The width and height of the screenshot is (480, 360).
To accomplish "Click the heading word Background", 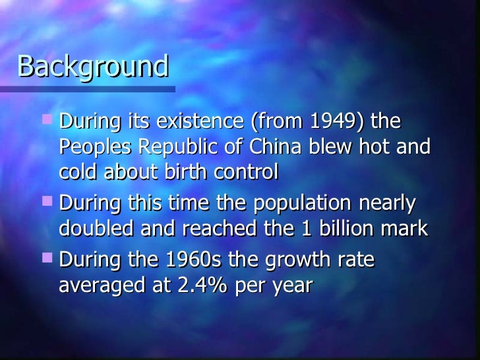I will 94,66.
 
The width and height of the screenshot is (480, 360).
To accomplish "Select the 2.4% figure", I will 201,285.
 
